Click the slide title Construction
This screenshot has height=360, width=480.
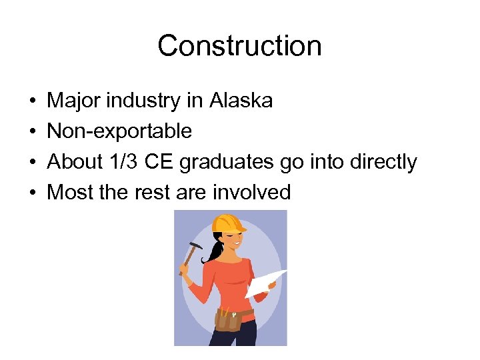coord(239,46)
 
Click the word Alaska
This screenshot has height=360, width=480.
coord(241,101)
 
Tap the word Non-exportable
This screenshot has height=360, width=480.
coord(119,131)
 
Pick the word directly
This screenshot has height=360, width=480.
coord(381,162)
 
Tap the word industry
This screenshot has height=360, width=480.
coord(141,101)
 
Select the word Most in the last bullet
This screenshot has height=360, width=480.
coord(69,193)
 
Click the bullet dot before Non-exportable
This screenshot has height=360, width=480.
coord(33,132)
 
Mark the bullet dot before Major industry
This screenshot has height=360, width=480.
coord(33,101)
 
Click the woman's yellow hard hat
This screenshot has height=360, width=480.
coord(229,223)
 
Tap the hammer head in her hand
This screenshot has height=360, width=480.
coord(193,248)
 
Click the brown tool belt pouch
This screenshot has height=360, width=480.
coord(228,319)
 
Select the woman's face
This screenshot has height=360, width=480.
coord(233,241)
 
